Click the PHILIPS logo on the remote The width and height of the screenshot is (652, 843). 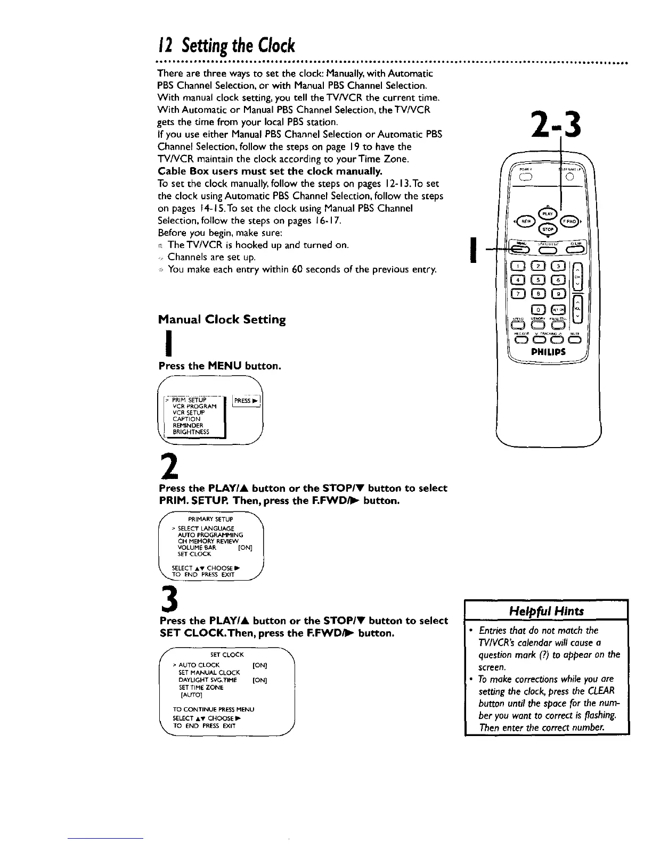pyautogui.click(x=548, y=352)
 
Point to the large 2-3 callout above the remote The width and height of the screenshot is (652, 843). pyautogui.click(x=555, y=126)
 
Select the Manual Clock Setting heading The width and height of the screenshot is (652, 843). pyautogui.click(x=222, y=320)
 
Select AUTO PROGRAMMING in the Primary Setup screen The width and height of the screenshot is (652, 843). pyautogui.click(x=210, y=534)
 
